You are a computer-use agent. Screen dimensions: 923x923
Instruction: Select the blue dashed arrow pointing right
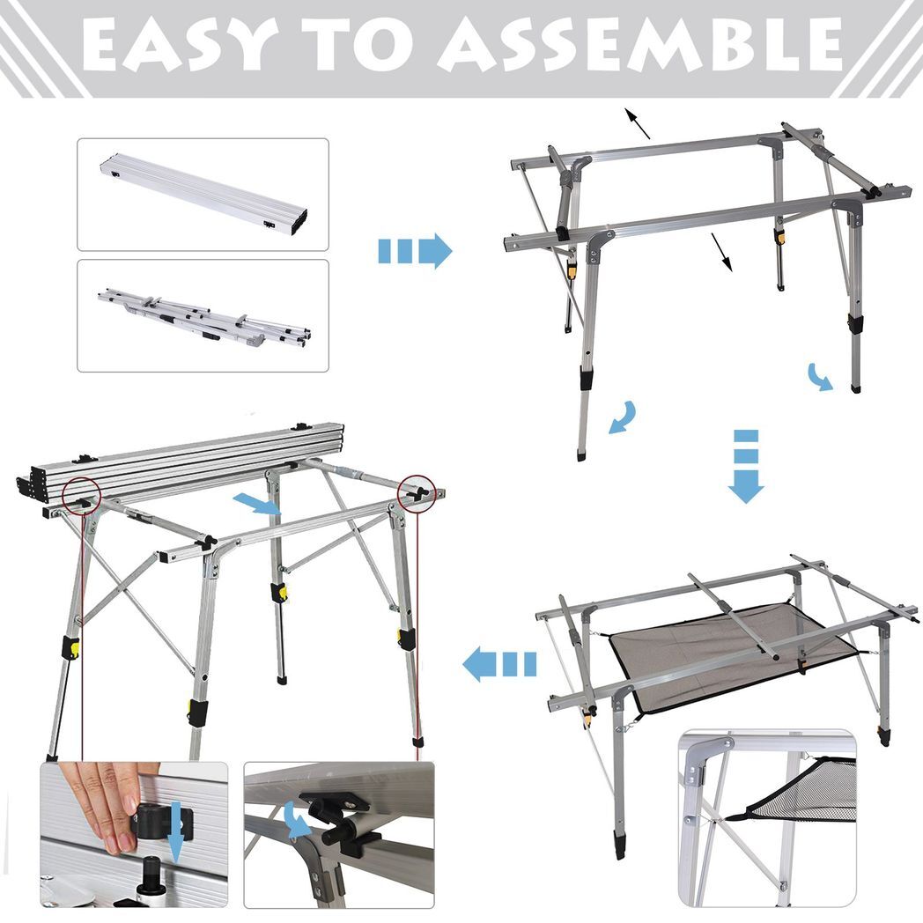414,251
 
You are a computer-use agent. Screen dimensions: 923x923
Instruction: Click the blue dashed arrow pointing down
746,467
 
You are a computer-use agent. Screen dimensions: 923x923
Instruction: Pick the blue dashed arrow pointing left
499,663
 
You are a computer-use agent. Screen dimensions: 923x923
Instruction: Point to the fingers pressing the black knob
106,797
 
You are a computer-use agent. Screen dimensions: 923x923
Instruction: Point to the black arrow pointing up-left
638,122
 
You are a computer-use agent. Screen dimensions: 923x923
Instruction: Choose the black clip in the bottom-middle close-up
339,819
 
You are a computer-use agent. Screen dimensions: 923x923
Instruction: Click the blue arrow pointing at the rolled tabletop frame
259,504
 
